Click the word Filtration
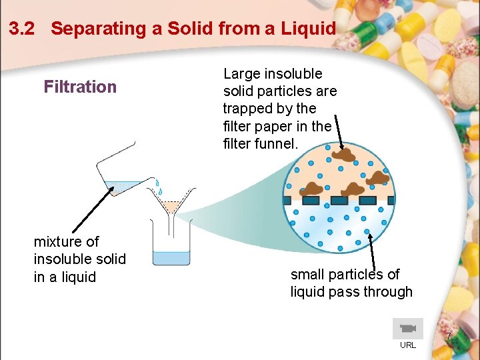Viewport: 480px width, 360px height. (x=80, y=87)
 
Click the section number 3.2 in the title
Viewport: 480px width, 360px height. (x=23, y=29)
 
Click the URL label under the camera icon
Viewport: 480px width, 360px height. (x=407, y=345)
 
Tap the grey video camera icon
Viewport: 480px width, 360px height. (x=407, y=329)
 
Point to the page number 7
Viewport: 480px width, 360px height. (x=449, y=336)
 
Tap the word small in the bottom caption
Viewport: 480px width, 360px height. (x=309, y=274)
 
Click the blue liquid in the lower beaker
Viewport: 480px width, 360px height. (x=171, y=257)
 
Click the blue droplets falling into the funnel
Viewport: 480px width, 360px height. (x=157, y=187)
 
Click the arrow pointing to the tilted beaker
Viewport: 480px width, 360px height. (x=89, y=211)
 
